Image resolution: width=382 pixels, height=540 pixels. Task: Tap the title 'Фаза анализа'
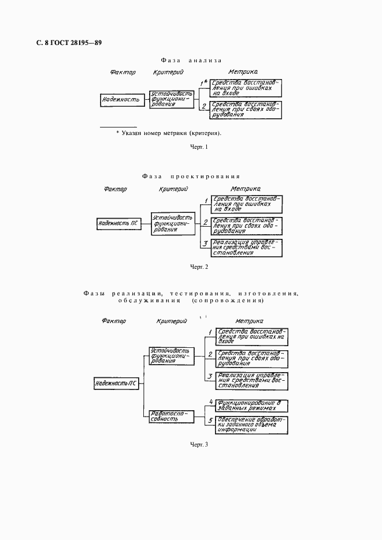click(190, 60)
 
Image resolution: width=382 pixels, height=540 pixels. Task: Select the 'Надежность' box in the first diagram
click(121, 99)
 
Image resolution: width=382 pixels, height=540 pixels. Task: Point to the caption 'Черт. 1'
click(198, 147)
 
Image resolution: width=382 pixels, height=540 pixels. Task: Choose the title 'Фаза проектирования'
click(190, 176)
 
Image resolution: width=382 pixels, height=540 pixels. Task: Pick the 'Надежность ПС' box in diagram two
click(118, 222)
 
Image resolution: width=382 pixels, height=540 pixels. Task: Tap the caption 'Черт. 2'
click(198, 267)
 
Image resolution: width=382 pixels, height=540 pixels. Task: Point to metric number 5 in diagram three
click(211, 420)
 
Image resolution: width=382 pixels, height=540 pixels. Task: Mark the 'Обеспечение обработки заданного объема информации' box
click(249, 424)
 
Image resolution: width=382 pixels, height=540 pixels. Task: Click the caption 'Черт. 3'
click(198, 460)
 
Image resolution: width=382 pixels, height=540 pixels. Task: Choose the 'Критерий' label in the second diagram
click(172, 189)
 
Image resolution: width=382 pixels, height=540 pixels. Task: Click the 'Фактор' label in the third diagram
click(113, 321)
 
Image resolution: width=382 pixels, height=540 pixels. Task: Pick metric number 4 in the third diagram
click(211, 402)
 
